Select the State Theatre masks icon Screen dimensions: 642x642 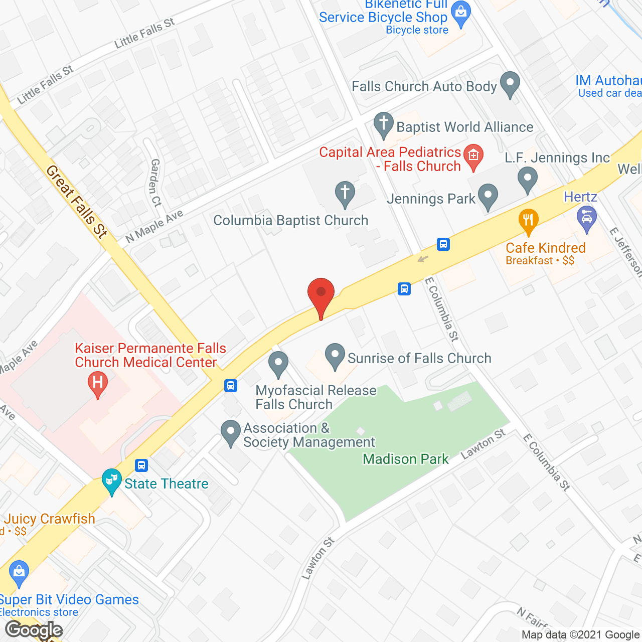point(111,481)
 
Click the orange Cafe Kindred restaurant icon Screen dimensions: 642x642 point(528,221)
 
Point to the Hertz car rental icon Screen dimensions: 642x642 point(586,219)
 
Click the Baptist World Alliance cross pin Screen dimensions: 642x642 point(384,124)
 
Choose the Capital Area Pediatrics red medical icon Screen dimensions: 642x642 point(473,156)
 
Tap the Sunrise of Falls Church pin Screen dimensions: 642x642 point(335,356)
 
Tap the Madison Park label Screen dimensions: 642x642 point(406,459)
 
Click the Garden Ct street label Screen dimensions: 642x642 point(156,183)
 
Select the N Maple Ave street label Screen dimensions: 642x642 point(154,227)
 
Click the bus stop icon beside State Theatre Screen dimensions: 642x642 point(141,465)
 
